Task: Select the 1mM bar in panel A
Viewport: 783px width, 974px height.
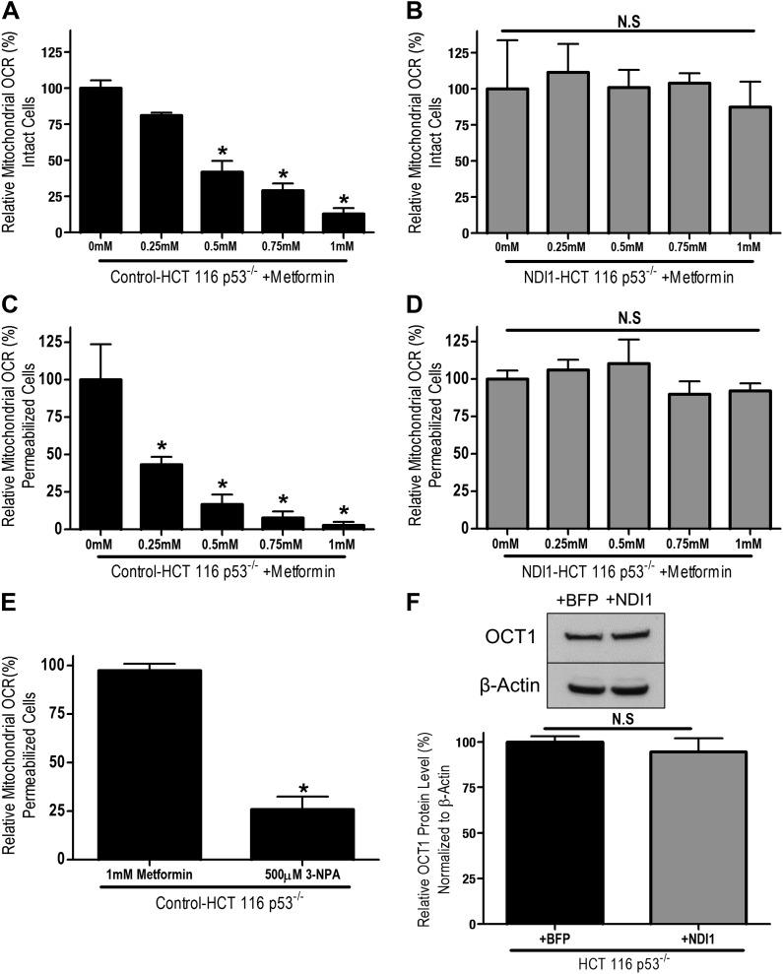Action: [x=345, y=223]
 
